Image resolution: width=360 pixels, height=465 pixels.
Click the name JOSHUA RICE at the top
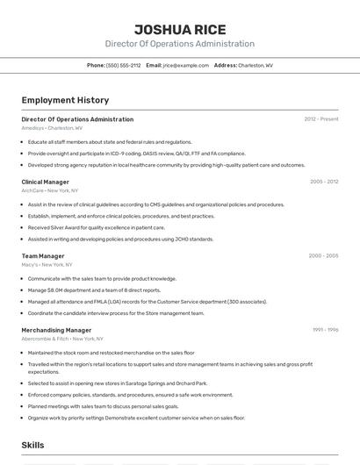179,30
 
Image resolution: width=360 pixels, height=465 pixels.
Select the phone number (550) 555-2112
123,65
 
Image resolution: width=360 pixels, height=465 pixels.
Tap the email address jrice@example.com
186,65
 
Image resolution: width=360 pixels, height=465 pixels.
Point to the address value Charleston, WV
256,65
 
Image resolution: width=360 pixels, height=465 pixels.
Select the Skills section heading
33,445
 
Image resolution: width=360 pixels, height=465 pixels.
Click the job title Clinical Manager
46,182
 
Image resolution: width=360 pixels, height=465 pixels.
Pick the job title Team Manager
43,256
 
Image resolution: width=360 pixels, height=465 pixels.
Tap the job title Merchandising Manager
56,330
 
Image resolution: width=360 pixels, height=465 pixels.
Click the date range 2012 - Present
320,118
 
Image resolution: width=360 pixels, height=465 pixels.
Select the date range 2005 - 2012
323,182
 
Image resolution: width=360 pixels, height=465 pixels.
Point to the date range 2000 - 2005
323,256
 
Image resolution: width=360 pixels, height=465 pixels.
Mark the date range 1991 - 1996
325,330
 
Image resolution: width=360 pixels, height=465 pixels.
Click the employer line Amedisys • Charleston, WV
52,127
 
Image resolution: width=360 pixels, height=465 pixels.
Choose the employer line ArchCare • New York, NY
50,190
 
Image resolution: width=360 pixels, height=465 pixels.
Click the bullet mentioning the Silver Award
96,227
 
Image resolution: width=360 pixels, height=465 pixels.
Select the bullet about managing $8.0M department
94,290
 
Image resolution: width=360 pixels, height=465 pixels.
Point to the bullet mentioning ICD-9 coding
136,153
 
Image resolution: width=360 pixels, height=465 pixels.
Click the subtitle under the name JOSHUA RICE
179,44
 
